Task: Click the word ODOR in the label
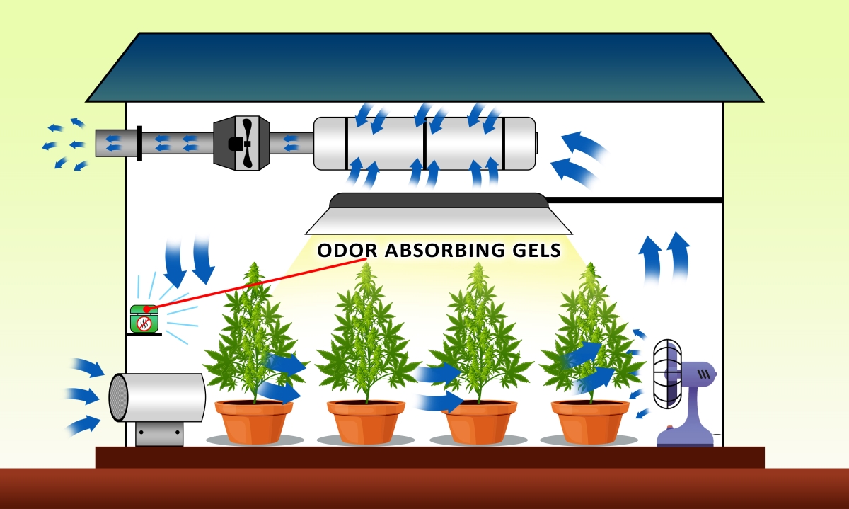tap(347, 251)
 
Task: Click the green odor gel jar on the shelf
tap(144, 319)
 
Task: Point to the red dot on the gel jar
tap(147, 309)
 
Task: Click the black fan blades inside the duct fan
tap(246, 143)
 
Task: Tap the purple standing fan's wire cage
tap(667, 374)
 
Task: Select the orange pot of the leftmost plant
tap(254, 422)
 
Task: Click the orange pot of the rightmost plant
tap(590, 422)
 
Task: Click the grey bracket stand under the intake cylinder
tap(159, 434)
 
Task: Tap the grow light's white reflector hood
tap(439, 221)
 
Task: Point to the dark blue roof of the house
tap(424, 67)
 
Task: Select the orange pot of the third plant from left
tap(478, 422)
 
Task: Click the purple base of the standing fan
tap(686, 436)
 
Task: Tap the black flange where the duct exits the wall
tap(139, 143)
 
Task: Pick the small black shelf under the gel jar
tap(144, 334)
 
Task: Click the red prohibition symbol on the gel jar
tap(144, 324)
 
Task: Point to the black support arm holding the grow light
tap(635, 200)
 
